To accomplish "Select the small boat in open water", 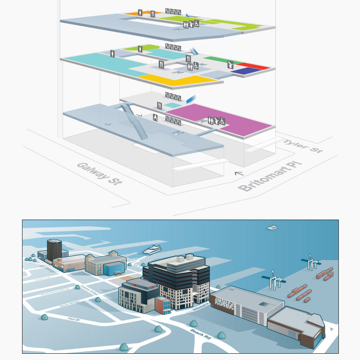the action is pyautogui.click(x=272, y=228).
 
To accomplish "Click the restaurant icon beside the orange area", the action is pyautogui.click(x=153, y=14).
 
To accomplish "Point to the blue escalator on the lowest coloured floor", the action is pyautogui.click(x=191, y=99).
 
